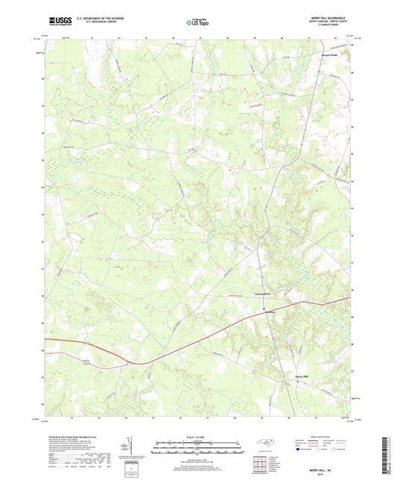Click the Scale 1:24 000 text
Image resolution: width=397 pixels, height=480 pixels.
tap(198, 438)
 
